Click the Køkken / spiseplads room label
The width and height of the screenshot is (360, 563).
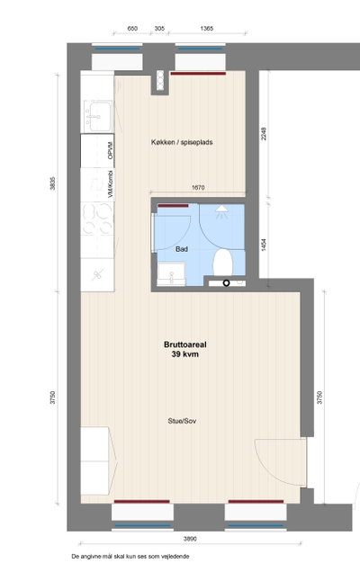182,142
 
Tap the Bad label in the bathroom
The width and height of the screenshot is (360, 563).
182,249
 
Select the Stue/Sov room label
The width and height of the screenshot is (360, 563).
182,421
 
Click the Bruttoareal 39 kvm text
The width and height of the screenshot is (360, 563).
185,349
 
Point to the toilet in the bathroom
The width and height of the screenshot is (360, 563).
222,263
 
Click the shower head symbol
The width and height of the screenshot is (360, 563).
221,211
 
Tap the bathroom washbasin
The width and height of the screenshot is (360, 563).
171,274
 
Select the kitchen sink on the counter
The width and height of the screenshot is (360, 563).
98,116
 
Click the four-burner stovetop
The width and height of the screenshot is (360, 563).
97,219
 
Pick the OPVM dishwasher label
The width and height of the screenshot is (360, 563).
111,150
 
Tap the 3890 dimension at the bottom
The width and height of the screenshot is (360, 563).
190,539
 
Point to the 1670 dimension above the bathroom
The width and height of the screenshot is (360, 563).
198,187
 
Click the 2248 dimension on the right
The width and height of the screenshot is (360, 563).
264,134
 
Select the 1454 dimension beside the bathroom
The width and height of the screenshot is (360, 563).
264,246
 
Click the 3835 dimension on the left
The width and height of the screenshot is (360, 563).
52,183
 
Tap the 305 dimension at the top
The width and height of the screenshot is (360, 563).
159,29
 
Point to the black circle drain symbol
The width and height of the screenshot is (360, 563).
226,283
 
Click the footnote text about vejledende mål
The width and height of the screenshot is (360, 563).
130,557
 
